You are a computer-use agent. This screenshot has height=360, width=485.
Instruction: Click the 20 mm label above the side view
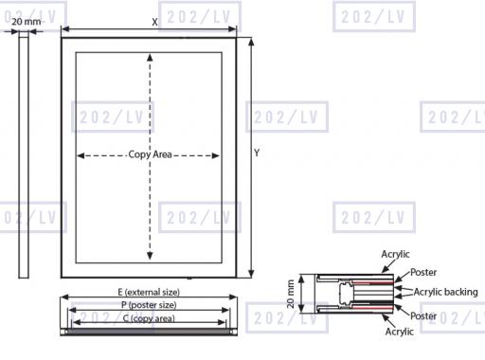click(27, 22)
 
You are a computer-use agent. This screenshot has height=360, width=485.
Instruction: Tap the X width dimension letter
click(154, 22)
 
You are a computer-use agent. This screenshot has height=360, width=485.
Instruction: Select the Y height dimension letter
click(257, 153)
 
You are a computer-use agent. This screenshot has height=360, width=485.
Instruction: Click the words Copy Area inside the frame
click(150, 154)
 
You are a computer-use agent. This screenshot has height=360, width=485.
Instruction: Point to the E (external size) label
click(149, 292)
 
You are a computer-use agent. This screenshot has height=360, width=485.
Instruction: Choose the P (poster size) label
click(149, 305)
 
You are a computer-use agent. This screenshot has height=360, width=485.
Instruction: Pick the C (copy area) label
click(149, 318)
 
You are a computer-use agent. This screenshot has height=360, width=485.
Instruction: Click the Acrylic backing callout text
click(445, 292)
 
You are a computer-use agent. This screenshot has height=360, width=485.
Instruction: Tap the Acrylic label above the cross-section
click(395, 254)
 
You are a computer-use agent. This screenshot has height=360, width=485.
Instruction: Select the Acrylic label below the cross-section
click(400, 332)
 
